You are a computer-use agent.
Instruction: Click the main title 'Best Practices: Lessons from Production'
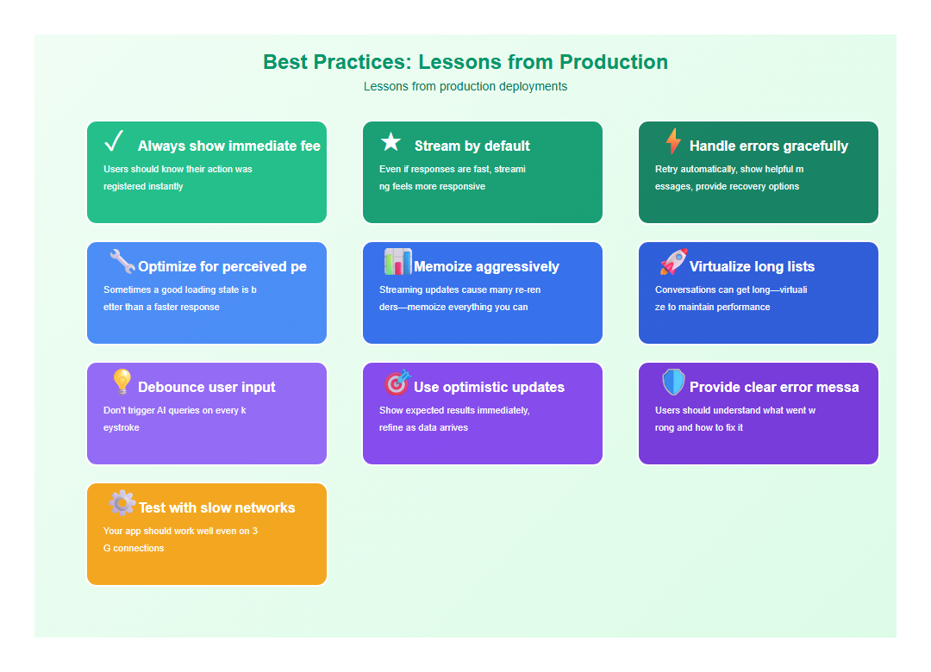coord(465,62)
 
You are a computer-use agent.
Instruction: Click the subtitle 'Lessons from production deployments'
coord(465,86)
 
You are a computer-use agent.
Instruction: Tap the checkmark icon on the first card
coord(114,141)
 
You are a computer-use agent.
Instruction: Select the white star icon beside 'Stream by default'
coord(391,142)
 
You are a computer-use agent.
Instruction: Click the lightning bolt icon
coord(673,141)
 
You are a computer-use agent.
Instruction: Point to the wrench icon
coord(122,262)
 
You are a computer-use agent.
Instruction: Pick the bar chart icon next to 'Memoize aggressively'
coord(397,262)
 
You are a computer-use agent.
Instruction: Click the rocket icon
coord(673,262)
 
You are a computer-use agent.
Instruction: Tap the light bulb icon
coord(122,383)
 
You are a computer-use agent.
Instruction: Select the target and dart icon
coord(397,383)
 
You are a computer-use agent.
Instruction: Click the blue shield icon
coord(673,383)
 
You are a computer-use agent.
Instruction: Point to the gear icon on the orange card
coord(122,503)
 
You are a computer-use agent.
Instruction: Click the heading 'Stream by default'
coord(472,146)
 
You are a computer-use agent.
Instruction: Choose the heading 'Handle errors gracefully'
coord(769,146)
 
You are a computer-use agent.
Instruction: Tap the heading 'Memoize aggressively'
coord(486,267)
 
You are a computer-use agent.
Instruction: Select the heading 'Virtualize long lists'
coord(752,267)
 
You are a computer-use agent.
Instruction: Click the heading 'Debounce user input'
coord(207,388)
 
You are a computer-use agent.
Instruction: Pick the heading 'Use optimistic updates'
coord(489,388)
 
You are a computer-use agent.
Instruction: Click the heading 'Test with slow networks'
coord(216,508)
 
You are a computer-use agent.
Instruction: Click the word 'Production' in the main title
coord(614,62)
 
